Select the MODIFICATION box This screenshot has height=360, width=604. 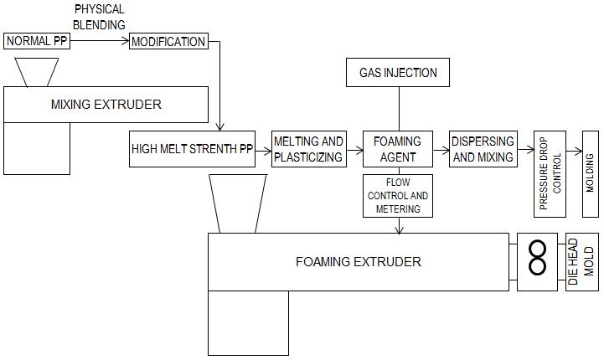pos(168,41)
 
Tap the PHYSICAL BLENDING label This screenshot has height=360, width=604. pos(99,17)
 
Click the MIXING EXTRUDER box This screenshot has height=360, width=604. pos(106,105)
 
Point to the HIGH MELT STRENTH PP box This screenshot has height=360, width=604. pos(192,149)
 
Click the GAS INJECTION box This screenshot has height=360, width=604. pos(398,72)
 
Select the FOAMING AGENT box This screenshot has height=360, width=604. pos(398,149)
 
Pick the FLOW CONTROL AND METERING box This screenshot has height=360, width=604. pos(398,195)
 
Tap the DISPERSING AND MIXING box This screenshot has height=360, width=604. pos(482,149)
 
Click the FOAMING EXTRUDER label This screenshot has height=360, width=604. pos(358,261)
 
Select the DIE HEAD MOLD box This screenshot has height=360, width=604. pos(581,261)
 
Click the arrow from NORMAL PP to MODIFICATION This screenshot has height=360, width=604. pos(99,41)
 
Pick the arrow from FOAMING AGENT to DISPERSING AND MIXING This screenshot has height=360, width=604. pos(441,149)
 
